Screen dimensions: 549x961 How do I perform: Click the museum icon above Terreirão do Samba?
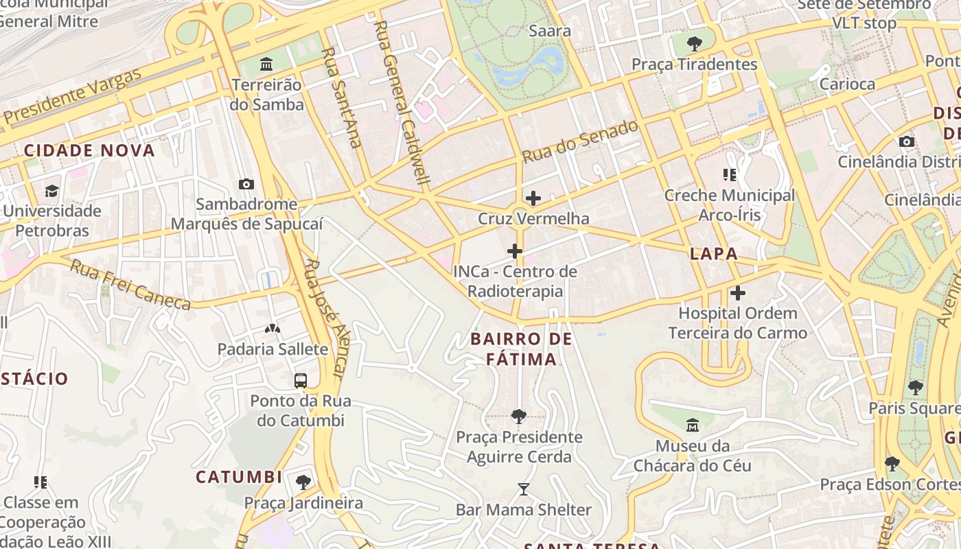point(266,65)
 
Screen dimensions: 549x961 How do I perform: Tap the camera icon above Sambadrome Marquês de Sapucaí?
point(246,184)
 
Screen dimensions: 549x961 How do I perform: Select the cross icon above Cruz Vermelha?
point(533,199)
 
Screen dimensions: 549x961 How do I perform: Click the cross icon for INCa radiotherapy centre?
point(514,251)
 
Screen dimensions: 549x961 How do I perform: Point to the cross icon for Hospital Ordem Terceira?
point(737,293)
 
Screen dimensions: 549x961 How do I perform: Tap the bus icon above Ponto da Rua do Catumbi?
point(300,380)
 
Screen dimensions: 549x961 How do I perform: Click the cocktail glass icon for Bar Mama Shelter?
point(524,489)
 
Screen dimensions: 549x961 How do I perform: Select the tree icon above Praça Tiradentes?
point(694,44)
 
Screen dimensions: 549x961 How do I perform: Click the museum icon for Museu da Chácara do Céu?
point(692,425)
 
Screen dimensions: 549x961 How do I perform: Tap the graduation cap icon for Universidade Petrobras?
point(51,191)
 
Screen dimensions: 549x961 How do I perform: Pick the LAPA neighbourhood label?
point(714,253)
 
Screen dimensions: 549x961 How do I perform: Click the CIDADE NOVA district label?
point(89,150)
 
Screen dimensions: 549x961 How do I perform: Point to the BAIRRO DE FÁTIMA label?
point(522,349)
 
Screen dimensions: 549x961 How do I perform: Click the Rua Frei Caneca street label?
point(130,285)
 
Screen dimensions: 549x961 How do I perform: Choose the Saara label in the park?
point(550,31)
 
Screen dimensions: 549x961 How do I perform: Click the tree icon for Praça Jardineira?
point(303,482)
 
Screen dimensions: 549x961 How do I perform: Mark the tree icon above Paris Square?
point(914,387)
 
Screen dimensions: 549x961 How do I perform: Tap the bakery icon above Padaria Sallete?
point(273,329)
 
